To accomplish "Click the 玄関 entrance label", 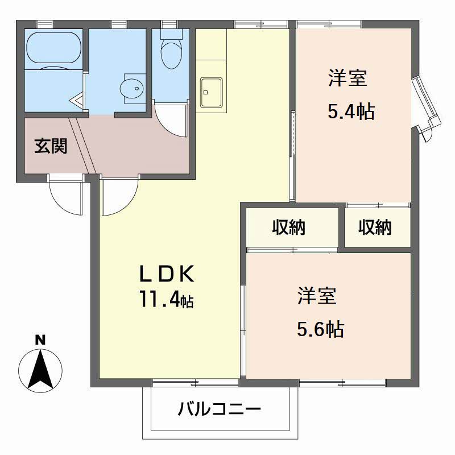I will (x=51, y=146).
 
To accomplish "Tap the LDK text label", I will (x=168, y=275).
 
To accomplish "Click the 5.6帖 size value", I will (x=320, y=328).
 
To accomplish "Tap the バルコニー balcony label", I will (x=219, y=408).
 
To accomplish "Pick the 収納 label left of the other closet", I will (x=288, y=227).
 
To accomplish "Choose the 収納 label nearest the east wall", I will (x=375, y=227).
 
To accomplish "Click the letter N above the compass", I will (x=40, y=341).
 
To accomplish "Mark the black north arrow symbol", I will (x=40, y=367).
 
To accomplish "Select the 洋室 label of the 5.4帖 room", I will (x=346, y=78).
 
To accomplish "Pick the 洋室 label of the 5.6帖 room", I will (x=316, y=295).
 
